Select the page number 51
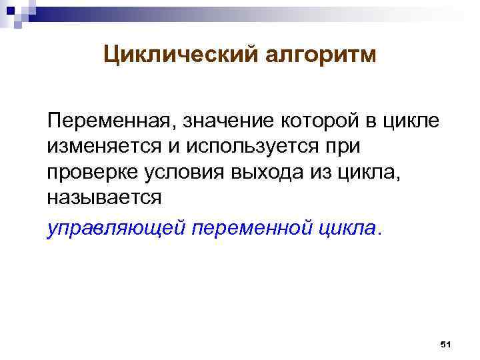pyautogui.click(x=446, y=344)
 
